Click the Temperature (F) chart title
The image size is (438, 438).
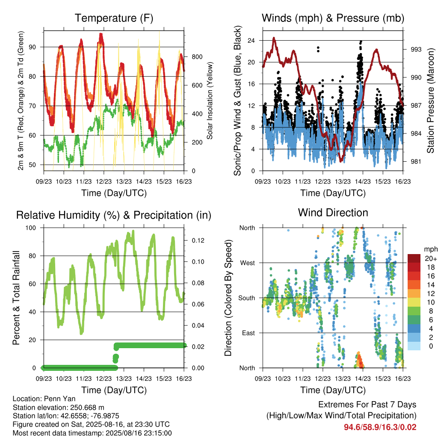[x=114, y=18]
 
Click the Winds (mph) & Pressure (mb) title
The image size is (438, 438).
[x=333, y=18]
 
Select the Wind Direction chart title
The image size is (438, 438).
[x=333, y=213]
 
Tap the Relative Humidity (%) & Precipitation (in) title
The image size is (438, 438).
[x=114, y=216]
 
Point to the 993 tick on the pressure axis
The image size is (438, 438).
[x=416, y=50]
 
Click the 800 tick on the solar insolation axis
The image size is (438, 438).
[x=197, y=57]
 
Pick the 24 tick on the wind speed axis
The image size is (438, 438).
[x=251, y=41]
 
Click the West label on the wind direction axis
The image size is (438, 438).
[x=247, y=263]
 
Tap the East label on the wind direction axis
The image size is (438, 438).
[x=249, y=333]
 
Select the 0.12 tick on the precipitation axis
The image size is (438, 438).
[x=198, y=240]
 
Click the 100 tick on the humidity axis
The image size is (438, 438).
[x=31, y=228]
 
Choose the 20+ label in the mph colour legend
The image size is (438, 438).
[x=431, y=258]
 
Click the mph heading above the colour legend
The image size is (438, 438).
[x=431, y=249]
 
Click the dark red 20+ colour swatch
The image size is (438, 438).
[x=414, y=258]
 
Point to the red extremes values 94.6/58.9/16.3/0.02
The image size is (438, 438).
[x=380, y=427]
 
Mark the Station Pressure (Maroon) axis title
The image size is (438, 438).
[x=430, y=101]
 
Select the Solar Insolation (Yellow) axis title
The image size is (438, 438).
[x=210, y=101]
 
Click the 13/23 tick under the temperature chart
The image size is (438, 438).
[x=124, y=181]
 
